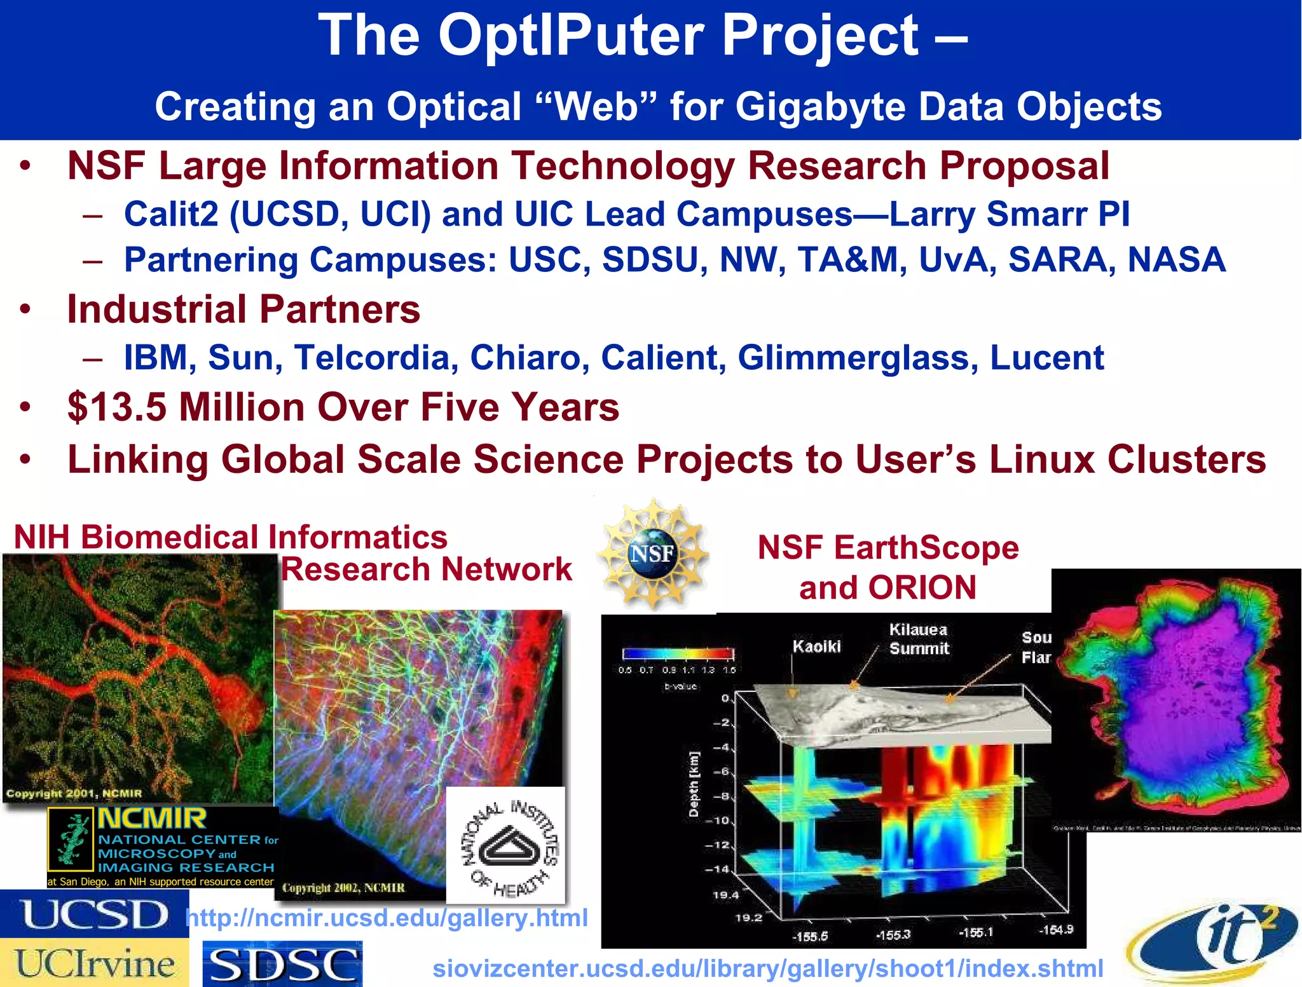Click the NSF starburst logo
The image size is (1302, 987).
point(653,553)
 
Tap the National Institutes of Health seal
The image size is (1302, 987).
point(506,845)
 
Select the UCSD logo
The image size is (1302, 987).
point(94,914)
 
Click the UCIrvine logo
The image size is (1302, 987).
point(94,963)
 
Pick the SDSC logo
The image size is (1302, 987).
point(282,965)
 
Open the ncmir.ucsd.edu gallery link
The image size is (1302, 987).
point(387,918)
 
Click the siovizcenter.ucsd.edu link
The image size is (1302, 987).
point(768,969)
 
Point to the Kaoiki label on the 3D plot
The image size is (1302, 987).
point(816,646)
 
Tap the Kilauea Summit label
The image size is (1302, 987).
point(919,639)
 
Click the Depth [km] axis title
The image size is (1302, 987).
point(694,784)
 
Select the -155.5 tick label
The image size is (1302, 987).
point(810,936)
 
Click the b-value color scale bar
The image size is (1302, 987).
point(678,653)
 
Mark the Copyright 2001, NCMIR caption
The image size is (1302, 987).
point(74,793)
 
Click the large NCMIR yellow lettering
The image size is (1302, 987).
point(152,819)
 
